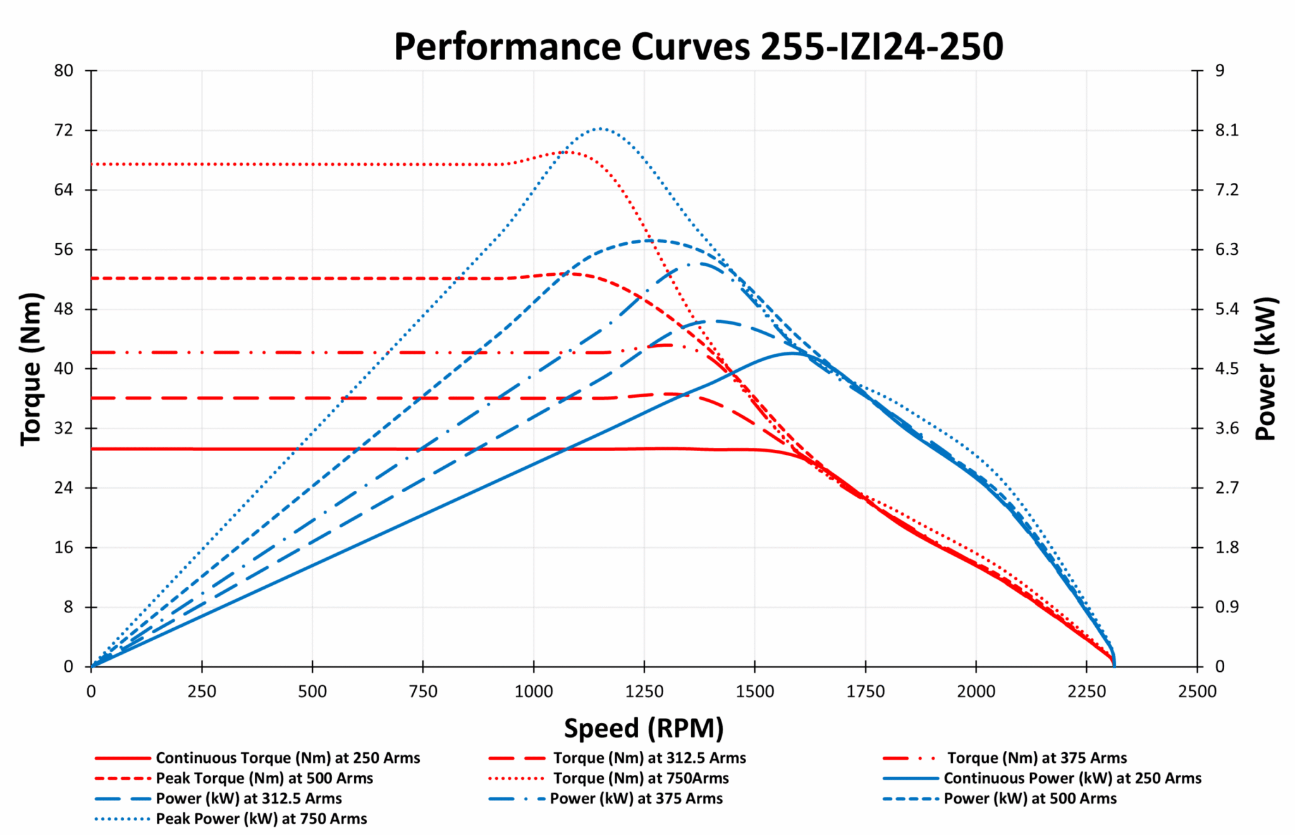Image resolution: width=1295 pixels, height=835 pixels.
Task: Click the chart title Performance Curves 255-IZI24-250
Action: (698, 46)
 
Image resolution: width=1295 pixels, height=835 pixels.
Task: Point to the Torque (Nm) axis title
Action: (30, 369)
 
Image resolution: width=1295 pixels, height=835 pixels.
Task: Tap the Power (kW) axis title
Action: (1266, 369)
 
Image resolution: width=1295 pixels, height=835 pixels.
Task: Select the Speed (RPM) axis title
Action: (644, 728)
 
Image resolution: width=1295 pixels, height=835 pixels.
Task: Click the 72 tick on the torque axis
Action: (63, 130)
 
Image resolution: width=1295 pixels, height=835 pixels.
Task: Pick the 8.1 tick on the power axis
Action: (1226, 130)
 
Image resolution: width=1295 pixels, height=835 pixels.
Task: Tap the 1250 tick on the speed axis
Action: (644, 691)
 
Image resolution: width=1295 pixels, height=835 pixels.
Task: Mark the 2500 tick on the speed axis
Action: (1197, 691)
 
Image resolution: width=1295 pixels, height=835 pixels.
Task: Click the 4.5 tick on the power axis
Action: (1226, 369)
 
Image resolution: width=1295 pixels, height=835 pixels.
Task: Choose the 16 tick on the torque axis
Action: (63, 547)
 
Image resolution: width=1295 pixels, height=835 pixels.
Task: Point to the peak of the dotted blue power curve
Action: (599, 128)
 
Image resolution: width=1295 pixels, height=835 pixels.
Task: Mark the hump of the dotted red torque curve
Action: (568, 152)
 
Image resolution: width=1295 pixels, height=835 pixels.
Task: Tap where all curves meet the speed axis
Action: (1114, 665)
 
